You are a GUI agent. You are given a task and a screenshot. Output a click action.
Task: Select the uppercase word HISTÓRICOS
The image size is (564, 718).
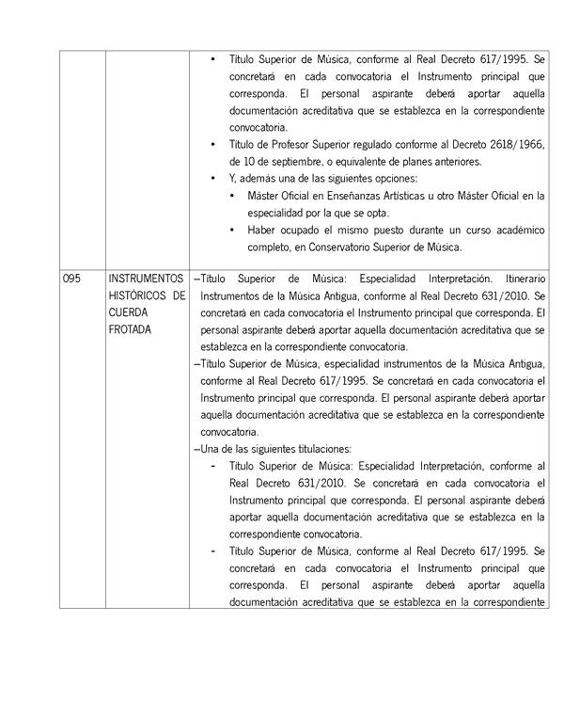point(136,295)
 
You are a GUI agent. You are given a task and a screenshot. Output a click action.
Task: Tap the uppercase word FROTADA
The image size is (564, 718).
point(129,329)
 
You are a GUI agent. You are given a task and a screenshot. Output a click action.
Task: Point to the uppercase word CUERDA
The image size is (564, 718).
point(127,312)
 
